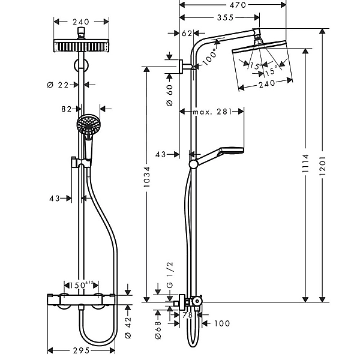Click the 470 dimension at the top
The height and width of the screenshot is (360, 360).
point(238,5)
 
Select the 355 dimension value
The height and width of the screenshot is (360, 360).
point(225,17)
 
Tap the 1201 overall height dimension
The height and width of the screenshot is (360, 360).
point(323,166)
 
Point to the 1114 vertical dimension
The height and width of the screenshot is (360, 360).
point(305,163)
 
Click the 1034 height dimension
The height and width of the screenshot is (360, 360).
point(147,177)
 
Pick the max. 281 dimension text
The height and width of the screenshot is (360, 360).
point(212,112)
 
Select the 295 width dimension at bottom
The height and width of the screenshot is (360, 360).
point(81,350)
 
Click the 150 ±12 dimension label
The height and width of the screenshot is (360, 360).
point(81,285)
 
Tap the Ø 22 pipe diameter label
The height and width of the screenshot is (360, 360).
point(58,85)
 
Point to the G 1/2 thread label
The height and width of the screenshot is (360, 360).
point(169,275)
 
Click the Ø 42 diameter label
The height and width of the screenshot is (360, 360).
point(128,328)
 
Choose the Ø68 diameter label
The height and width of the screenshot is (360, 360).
point(158,330)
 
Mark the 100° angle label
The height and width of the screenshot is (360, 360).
point(209,56)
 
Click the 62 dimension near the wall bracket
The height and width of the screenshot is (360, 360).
point(187,34)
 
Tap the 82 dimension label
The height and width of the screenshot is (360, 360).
point(67,109)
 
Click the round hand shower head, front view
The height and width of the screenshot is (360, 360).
point(88,125)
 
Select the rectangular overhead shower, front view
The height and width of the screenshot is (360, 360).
point(81,46)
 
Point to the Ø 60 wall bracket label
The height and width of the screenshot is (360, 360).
point(170,95)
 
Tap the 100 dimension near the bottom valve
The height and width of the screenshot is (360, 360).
point(222,323)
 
